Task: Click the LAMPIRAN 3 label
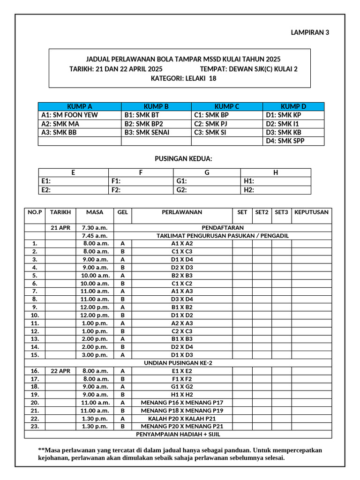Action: point(310,33)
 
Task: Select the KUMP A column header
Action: point(79,106)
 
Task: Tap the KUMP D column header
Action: point(293,106)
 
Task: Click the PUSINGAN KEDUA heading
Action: point(180,159)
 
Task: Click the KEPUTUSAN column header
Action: point(311,212)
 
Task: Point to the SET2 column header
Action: point(262,212)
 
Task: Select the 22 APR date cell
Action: point(60,371)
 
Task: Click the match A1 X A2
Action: point(182,244)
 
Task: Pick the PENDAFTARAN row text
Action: point(223,228)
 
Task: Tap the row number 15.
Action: point(35,355)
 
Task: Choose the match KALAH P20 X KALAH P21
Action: point(182,419)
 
